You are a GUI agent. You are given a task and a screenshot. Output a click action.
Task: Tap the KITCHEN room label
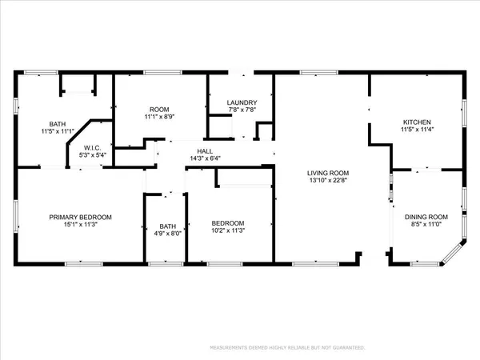tap(417, 122)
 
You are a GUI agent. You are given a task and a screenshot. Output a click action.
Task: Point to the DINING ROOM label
tap(424, 217)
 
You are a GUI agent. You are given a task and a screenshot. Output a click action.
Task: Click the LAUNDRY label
tap(241, 102)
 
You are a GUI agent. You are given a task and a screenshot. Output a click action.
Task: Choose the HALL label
tap(205, 150)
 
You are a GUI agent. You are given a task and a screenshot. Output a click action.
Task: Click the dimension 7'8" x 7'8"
tap(241, 110)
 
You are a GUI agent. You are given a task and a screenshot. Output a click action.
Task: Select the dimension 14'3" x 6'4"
tap(205, 158)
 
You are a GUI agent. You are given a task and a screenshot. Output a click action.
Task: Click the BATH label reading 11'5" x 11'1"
tap(58, 124)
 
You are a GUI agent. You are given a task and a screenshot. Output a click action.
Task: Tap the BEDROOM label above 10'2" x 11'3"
tap(227, 223)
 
